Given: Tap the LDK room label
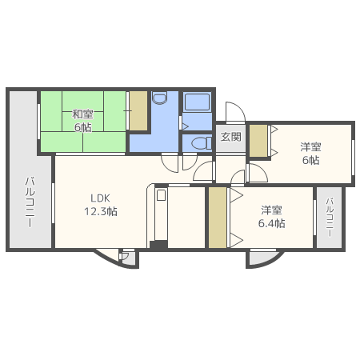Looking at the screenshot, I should pos(101,198).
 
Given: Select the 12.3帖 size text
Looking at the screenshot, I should pos(101,212).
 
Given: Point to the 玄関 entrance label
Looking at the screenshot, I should pos(231,137).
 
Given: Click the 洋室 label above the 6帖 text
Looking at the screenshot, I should pos(310,146).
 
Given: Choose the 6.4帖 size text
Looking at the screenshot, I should pos(271,223).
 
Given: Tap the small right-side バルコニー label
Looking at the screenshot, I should pos(329,217).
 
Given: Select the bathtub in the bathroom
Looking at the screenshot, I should pos(196,102).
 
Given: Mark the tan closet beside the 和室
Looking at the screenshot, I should pos(138,112).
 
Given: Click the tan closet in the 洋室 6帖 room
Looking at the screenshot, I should pos(258,141).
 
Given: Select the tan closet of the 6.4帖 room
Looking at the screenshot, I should pos(218,218).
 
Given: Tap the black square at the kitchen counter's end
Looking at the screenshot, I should pos(158,243).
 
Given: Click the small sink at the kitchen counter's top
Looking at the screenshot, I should pos(161,194).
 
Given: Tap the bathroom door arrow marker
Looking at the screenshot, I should pos(184,126).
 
